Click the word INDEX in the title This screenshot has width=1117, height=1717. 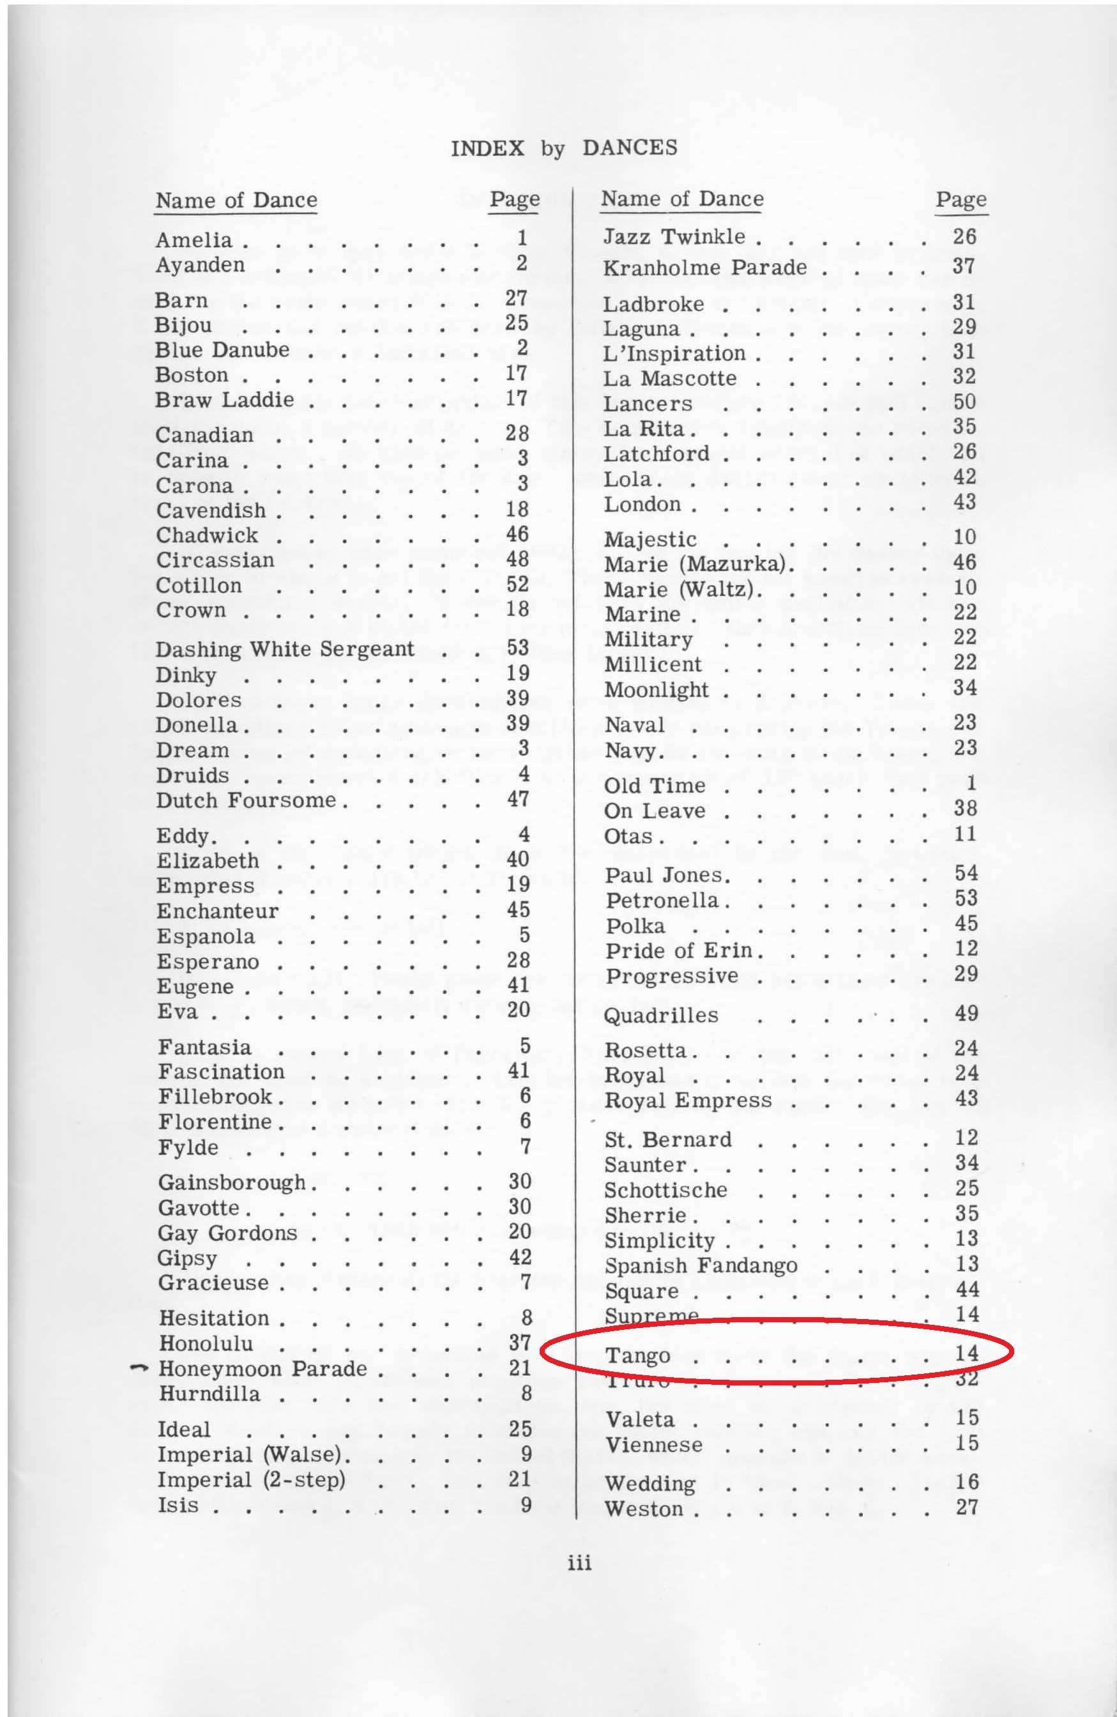[x=487, y=148]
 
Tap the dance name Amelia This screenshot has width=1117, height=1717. [x=194, y=240]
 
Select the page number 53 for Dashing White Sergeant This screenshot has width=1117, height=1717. [x=518, y=647]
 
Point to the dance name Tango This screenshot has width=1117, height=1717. [x=637, y=1355]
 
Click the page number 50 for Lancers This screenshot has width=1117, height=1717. [x=964, y=401]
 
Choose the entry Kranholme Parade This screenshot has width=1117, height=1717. [x=704, y=268]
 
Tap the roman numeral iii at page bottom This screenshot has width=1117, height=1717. [x=579, y=1562]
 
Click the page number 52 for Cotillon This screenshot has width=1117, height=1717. [x=518, y=584]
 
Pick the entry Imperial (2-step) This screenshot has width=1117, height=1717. [x=252, y=1479]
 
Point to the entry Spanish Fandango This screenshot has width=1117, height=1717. [x=701, y=1265]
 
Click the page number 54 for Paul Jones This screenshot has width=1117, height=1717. [x=966, y=873]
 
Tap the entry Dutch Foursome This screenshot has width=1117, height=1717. [x=246, y=800]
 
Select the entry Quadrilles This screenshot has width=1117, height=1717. [x=661, y=1015]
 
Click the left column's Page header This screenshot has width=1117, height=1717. [x=514, y=199]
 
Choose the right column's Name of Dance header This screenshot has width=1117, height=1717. [x=682, y=199]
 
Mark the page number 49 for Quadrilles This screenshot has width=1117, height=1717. [x=966, y=1013]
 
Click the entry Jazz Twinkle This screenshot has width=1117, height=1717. [x=674, y=236]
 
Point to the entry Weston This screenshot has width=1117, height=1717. [x=643, y=1509]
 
